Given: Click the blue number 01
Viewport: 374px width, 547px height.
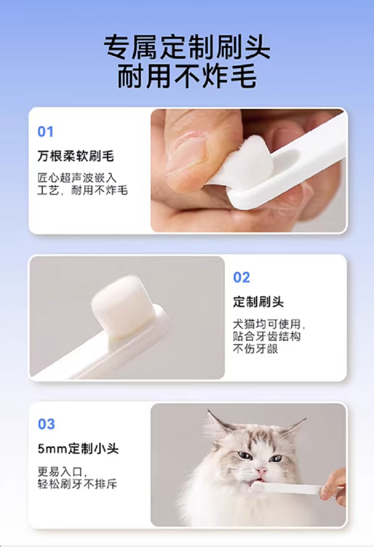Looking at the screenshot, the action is click(45, 132).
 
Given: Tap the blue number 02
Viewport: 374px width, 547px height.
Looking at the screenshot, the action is click(241, 278).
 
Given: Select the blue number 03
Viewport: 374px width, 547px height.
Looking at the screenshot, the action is click(46, 424).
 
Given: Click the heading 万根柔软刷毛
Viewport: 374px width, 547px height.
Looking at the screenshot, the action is click(76, 156).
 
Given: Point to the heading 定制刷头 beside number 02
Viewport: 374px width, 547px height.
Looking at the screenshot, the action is click(258, 302).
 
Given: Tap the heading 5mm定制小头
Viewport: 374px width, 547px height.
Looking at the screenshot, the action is click(78, 449).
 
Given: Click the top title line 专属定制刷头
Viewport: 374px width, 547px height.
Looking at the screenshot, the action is click(187, 47).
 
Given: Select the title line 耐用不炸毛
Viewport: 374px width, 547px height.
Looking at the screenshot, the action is click(187, 76).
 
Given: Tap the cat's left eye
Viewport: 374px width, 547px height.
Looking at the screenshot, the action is click(245, 455).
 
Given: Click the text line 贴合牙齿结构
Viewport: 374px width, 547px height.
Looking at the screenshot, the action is click(267, 337).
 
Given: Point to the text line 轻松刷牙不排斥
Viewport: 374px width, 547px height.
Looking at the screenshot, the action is click(77, 484).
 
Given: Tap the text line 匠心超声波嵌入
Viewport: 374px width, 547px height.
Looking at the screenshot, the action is click(77, 178).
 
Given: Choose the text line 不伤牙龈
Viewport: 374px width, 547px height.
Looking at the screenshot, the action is click(255, 349).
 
